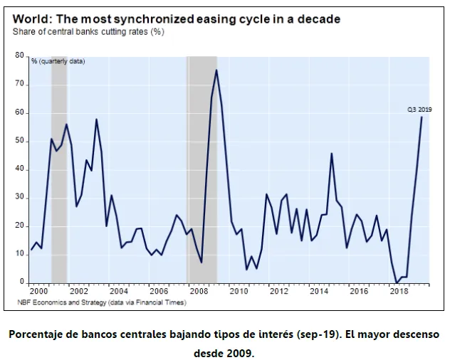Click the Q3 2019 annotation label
pyautogui.click(x=419, y=110)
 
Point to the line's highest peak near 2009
pyautogui.click(x=216, y=70)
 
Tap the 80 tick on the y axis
pyautogui.click(x=19, y=55)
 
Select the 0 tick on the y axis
pyautogui.click(x=22, y=282)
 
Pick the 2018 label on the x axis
pyautogui.click(x=399, y=292)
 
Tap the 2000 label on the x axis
pyautogui.click(x=38, y=292)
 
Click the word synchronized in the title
pyautogui.click(x=154, y=19)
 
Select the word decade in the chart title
pyautogui.click(x=319, y=19)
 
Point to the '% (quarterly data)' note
pyautogui.click(x=58, y=61)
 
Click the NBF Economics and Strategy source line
pyautogui.click(x=102, y=302)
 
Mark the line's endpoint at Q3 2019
pyautogui.click(x=422, y=117)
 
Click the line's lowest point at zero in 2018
pyautogui.click(x=397, y=283)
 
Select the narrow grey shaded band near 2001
pyautogui.click(x=59, y=169)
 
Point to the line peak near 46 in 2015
pyautogui.click(x=332, y=154)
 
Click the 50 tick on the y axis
pyautogui.click(x=19, y=142)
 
